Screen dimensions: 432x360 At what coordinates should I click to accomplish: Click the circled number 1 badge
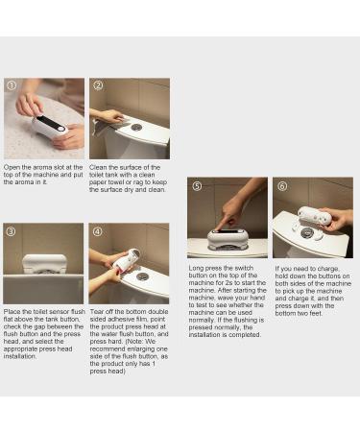tap(11, 85)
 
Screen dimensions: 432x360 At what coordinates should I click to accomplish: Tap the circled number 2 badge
tap(97, 85)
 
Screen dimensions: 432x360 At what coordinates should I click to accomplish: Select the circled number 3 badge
tap(11, 231)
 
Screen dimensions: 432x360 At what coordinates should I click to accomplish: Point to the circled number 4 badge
tap(97, 231)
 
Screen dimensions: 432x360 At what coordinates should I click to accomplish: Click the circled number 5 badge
tap(196, 185)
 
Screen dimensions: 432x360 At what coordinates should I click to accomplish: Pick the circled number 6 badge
tap(280, 185)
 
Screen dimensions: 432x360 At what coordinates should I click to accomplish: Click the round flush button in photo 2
tap(137, 127)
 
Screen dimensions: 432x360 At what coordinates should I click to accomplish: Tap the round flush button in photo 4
tap(142, 276)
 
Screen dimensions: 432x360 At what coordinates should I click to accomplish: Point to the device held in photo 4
tap(122, 260)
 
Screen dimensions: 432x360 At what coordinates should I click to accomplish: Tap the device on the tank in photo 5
tap(225, 236)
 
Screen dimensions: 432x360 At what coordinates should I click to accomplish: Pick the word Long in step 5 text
tap(198, 268)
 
